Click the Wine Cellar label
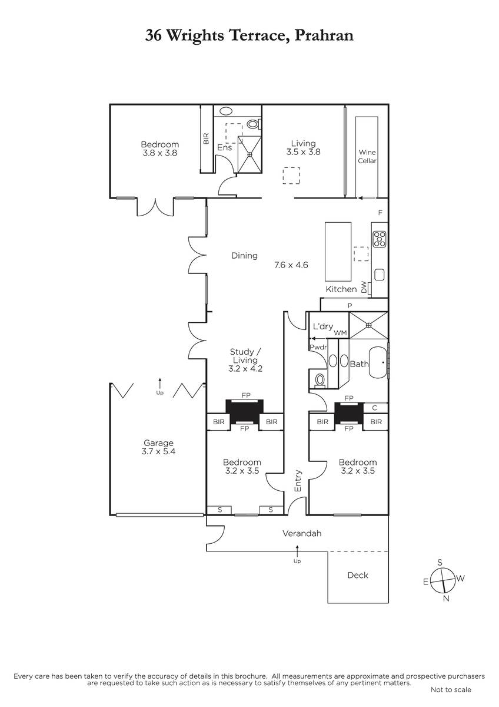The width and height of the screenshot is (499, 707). tap(367, 157)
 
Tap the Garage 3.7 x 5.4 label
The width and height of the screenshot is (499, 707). tap(158, 447)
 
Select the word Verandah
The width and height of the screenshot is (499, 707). tap(302, 533)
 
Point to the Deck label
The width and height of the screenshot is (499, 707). tap(358, 575)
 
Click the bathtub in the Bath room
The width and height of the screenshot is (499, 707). tap(378, 363)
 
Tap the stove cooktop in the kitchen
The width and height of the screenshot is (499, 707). tap(379, 239)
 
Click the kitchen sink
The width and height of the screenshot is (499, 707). tap(379, 275)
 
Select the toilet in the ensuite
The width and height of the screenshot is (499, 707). tap(254, 124)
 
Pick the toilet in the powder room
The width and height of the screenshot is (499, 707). tap(320, 380)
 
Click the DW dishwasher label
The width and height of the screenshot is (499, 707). tap(364, 288)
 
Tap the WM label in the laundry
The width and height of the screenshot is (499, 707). tap(341, 333)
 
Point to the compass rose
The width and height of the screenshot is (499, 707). tap(443, 580)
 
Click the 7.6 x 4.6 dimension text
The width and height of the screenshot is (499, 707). tap(291, 265)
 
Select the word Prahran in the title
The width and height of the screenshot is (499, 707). tap(324, 35)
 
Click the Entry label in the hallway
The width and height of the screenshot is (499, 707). tap(298, 481)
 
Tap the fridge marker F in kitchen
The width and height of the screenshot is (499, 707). tap(380, 213)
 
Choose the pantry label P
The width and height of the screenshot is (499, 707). tap(350, 306)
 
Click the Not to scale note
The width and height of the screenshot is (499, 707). tap(451, 690)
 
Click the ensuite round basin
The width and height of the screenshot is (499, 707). tap(226, 111)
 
